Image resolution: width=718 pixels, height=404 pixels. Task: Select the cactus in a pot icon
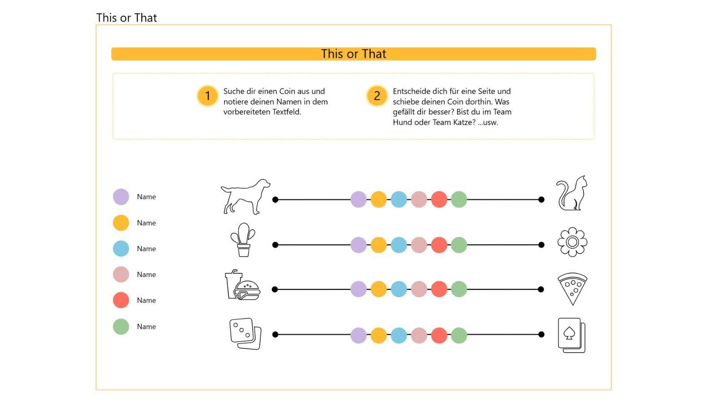tap(243, 240)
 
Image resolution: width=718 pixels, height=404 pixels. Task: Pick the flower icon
tap(573, 242)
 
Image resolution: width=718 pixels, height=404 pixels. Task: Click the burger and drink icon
tap(243, 285)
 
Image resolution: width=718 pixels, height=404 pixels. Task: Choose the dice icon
tap(245, 334)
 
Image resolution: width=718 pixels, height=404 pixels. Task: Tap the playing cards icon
tap(572, 335)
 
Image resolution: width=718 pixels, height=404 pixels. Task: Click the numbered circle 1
tap(208, 96)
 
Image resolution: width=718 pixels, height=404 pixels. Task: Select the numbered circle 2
tap(377, 96)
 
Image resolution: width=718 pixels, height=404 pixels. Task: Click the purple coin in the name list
tap(121, 197)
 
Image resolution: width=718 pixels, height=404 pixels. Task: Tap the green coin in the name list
tap(121, 326)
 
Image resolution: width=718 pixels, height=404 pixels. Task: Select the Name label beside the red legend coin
tap(146, 300)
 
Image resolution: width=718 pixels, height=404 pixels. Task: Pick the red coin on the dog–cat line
tap(439, 199)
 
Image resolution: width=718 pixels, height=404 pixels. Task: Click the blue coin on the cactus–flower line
tap(399, 245)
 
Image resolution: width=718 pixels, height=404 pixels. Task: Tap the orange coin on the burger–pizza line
tap(379, 289)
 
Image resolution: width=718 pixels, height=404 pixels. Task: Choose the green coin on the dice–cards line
tap(459, 335)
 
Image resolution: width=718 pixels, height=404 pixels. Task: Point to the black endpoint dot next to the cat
tap(541, 200)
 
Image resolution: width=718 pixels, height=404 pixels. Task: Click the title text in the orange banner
tap(354, 54)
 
